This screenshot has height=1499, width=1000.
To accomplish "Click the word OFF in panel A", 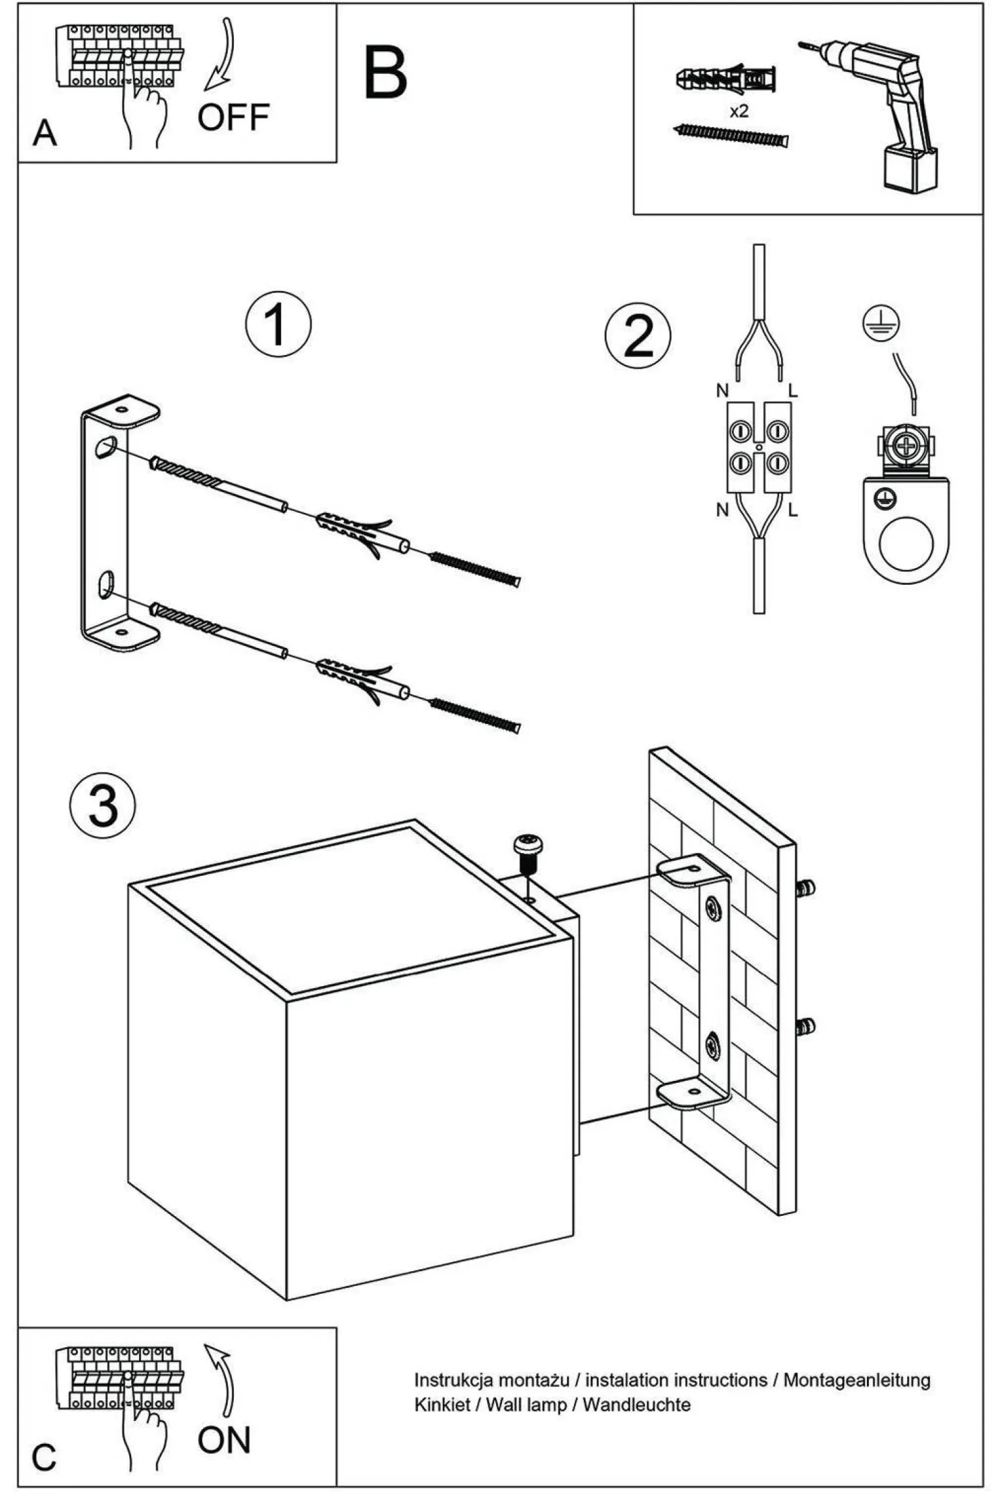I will [233, 118].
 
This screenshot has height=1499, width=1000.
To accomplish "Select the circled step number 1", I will [278, 324].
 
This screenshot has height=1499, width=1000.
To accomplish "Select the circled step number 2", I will [638, 336].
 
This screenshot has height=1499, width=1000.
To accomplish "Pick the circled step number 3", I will [103, 805].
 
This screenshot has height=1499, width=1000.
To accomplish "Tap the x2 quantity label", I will [739, 112].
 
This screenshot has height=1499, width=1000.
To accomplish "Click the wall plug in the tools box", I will [726, 80].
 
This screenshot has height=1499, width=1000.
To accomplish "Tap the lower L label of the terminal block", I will [792, 511].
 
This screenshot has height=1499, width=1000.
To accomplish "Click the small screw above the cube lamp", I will [529, 850].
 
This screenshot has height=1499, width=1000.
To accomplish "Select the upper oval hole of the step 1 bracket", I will [105, 447].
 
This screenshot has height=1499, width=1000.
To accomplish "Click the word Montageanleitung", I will [856, 1380].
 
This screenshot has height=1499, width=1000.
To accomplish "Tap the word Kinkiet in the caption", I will [442, 1405].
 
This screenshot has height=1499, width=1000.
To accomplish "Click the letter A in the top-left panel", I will [44, 133].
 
